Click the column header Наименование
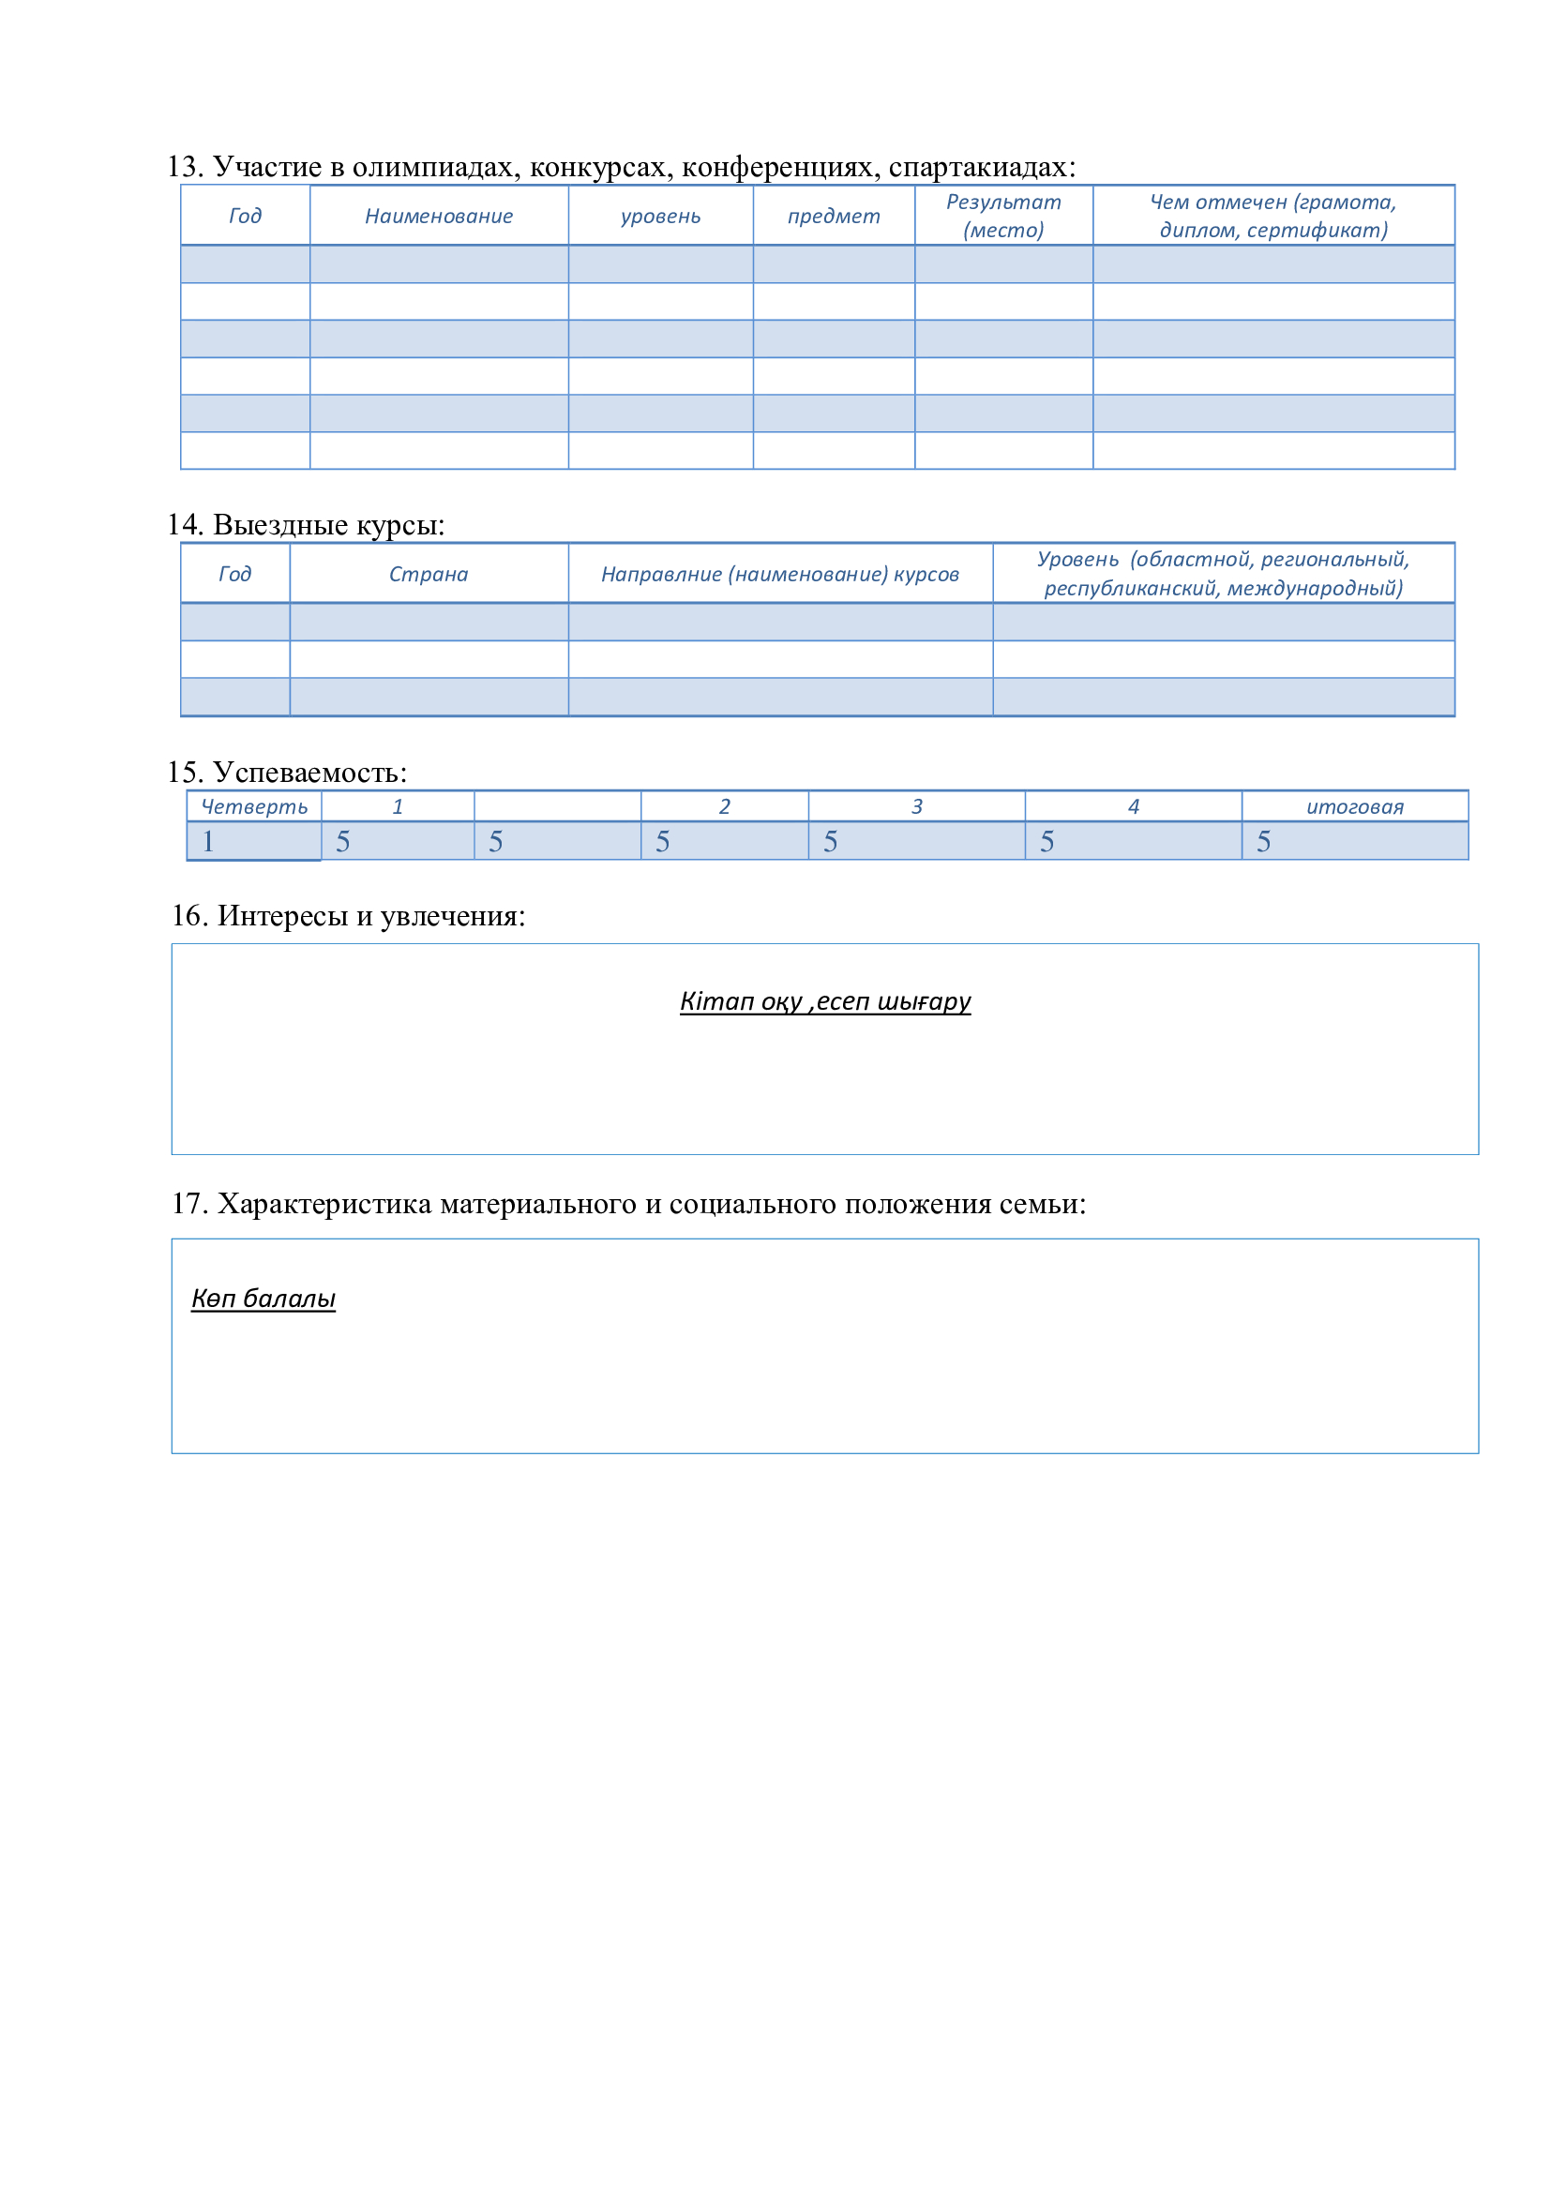point(438,216)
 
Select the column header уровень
point(660,216)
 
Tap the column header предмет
point(834,216)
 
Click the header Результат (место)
point(1002,216)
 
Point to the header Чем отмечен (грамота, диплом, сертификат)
point(1273,216)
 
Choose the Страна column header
point(428,574)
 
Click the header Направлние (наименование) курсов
point(779,574)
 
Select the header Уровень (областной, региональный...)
point(1223,573)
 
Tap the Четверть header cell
point(254,807)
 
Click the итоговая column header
point(1354,807)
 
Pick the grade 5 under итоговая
point(1263,841)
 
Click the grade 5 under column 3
point(830,841)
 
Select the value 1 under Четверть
point(208,841)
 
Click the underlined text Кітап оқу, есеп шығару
point(825,1001)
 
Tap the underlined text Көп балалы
point(264,1298)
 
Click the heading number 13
point(184,167)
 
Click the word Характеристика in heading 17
point(324,1204)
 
